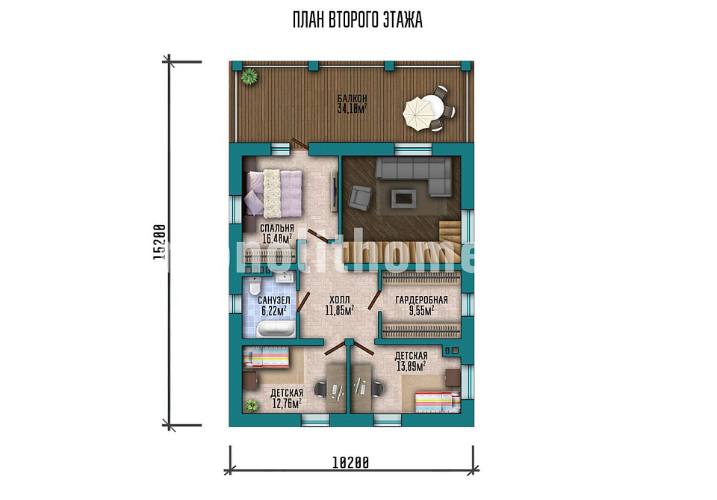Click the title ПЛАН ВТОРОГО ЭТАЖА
click(358, 20)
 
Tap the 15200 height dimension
click(158, 242)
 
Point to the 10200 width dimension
click(350, 463)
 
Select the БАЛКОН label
click(352, 99)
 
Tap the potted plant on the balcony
click(249, 76)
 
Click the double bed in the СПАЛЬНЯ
click(274, 193)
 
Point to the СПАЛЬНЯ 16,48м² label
click(276, 233)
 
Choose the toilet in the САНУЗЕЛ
click(254, 286)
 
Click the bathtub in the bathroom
click(276, 329)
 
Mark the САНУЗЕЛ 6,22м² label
click(274, 306)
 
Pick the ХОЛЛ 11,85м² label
click(339, 305)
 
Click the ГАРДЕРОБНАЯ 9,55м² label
click(421, 305)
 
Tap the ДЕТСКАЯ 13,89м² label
click(411, 361)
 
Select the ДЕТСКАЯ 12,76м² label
click(287, 398)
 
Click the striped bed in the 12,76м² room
click(266, 357)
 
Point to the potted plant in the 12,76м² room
click(251, 405)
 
